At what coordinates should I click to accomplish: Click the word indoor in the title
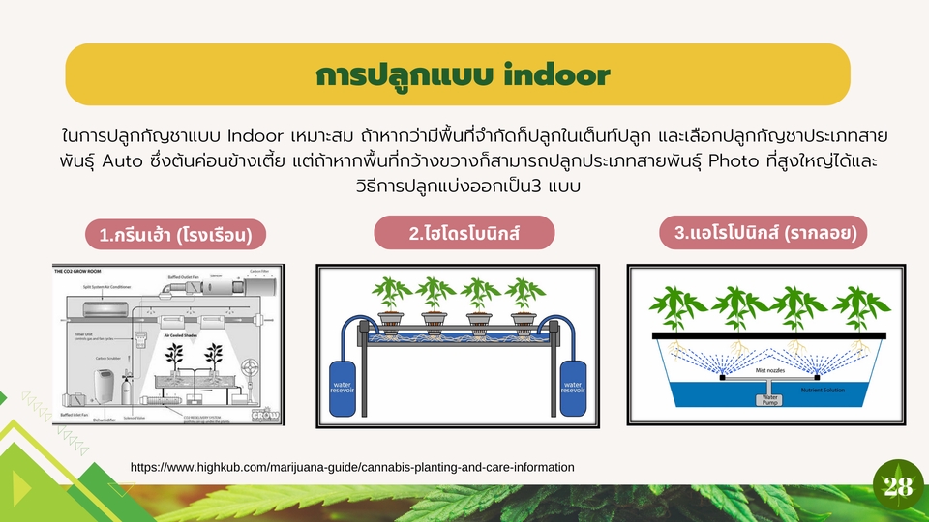558,75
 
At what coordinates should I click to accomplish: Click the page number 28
897,487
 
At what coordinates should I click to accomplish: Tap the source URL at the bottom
352,467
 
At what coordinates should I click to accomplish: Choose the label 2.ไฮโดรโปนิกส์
464,233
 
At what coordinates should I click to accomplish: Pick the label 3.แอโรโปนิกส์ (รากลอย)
764,233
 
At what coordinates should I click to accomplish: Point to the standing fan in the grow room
254,370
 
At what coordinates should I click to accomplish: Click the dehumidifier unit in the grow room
100,387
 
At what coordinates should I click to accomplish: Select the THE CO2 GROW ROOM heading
87,272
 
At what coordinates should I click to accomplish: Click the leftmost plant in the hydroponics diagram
392,295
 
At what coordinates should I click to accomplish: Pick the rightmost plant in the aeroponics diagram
855,307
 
